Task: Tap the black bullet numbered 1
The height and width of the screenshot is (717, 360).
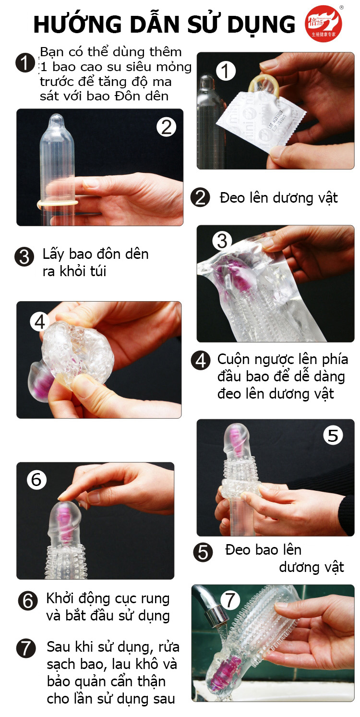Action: pyautogui.click(x=25, y=62)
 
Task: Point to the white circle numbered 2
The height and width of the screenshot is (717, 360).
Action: pyautogui.click(x=167, y=127)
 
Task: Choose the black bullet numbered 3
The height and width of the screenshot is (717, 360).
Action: pyautogui.click(x=24, y=257)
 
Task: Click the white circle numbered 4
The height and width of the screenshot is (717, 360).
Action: pyautogui.click(x=40, y=322)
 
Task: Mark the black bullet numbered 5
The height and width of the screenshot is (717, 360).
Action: pyautogui.click(x=203, y=552)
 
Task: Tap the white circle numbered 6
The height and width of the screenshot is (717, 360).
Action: pyautogui.click(x=36, y=479)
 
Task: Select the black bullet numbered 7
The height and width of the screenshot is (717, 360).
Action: pyautogui.click(x=26, y=648)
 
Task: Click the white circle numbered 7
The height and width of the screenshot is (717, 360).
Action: pyautogui.click(x=230, y=600)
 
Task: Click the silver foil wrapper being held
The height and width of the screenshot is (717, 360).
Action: pyautogui.click(x=261, y=122)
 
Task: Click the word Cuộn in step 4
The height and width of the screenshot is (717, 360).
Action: pyautogui.click(x=234, y=360)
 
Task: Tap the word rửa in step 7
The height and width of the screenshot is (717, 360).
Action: pyautogui.click(x=169, y=647)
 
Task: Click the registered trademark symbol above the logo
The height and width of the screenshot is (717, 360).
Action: pyautogui.click(x=341, y=8)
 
